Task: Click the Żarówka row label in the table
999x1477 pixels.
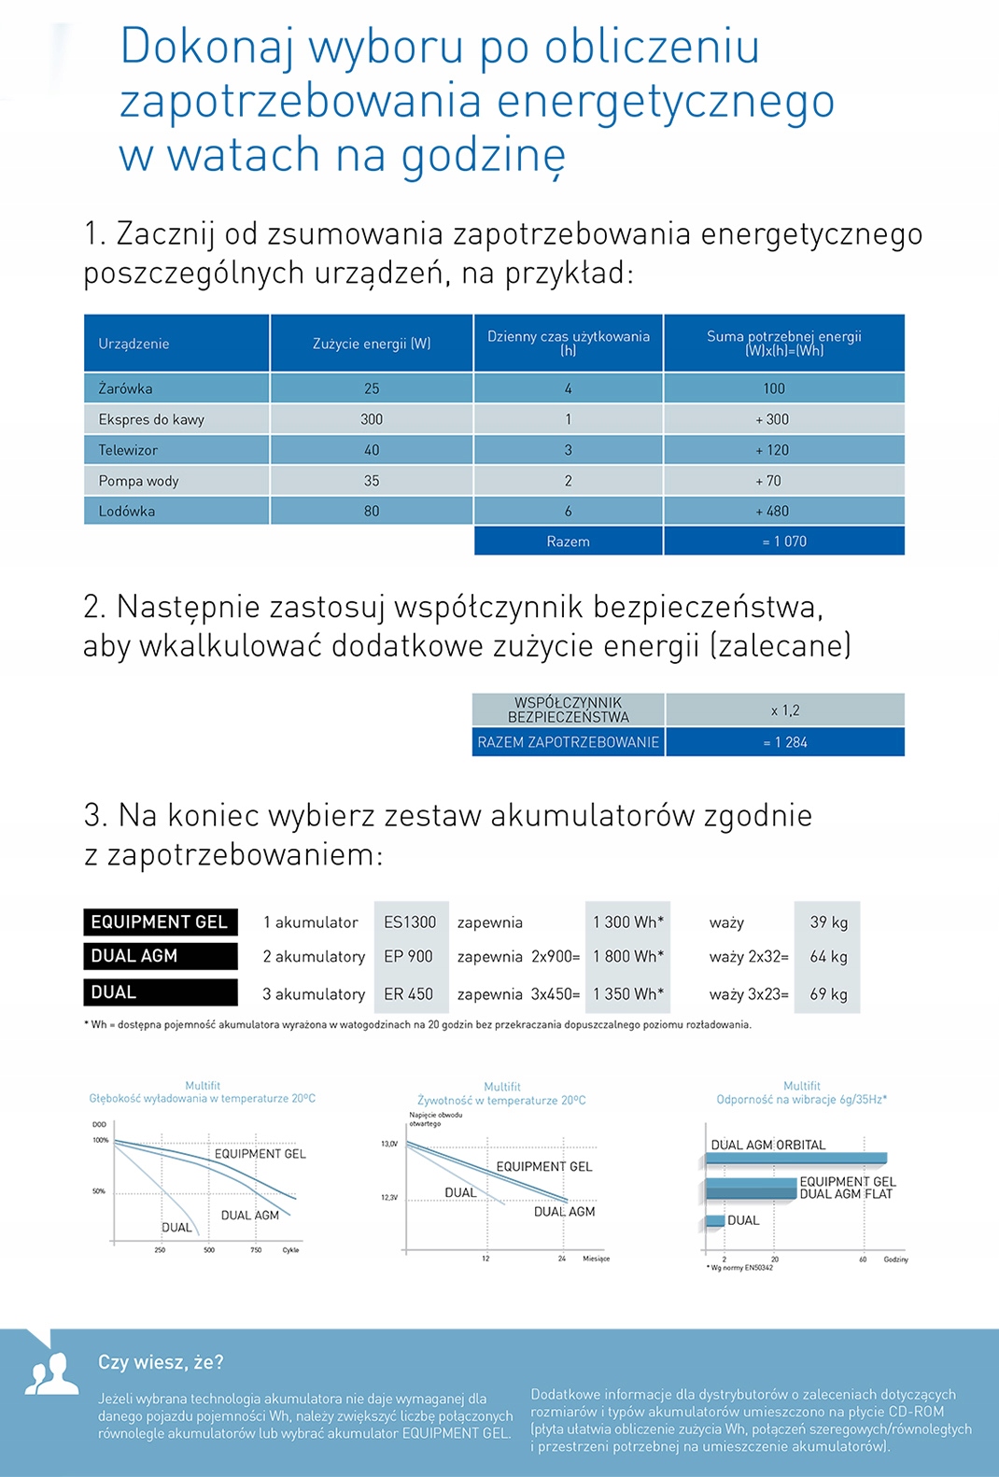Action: pos(126,388)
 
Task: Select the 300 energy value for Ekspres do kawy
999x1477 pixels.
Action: pos(372,419)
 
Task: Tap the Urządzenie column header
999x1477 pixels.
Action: pos(134,344)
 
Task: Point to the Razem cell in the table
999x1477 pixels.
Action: pos(568,542)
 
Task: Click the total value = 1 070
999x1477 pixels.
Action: pos(784,542)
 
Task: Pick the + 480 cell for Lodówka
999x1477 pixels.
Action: pos(773,511)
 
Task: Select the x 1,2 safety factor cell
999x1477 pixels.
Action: pos(785,710)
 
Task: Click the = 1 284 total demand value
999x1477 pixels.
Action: pos(785,742)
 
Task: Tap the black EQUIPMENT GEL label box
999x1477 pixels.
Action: pos(160,921)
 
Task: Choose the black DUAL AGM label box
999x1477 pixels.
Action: pos(160,956)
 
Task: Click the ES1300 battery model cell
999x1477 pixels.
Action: pos(410,922)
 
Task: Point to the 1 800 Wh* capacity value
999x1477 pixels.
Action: pos(628,957)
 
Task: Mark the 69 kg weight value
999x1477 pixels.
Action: pos(828,994)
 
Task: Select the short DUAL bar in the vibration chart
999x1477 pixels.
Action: pos(715,1220)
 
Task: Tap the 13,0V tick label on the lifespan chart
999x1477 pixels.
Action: pos(389,1144)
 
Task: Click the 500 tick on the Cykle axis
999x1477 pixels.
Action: pos(209,1250)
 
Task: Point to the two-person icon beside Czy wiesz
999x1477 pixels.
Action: pos(51,1373)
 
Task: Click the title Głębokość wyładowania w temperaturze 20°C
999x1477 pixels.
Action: pos(203,1099)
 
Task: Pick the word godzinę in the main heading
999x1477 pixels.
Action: pos(484,155)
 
